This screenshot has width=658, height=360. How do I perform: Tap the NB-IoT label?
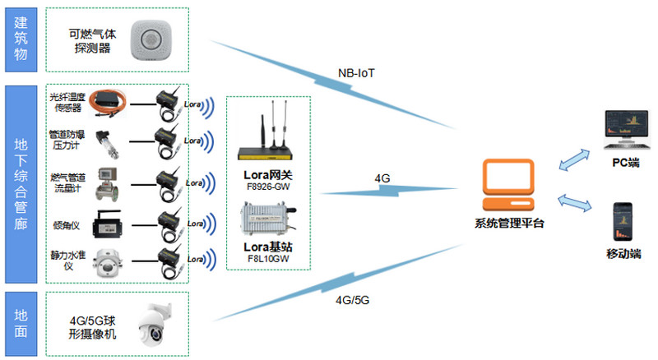[356, 72]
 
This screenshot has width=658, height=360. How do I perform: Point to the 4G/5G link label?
[352, 300]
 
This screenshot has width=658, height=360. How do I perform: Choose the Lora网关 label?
[268, 174]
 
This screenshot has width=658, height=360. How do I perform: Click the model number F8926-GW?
[268, 187]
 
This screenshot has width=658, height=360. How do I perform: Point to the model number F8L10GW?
[268, 259]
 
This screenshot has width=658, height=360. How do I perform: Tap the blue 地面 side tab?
[21, 321]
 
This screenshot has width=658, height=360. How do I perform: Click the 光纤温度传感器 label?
[67, 102]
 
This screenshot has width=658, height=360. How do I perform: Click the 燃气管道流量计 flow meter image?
[108, 181]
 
